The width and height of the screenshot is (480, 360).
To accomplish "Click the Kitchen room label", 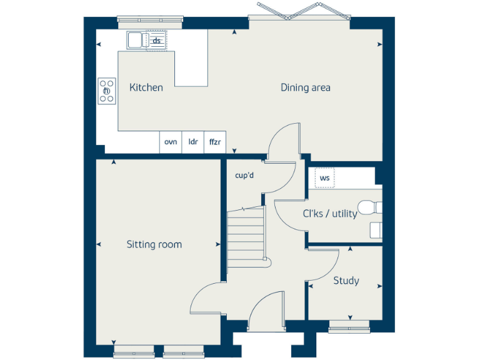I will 146,87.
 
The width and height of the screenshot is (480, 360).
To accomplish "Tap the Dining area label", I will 305,87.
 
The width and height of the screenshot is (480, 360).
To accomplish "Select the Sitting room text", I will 154,244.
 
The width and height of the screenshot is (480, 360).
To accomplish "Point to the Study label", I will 346,281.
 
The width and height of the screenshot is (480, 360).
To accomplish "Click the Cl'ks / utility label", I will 330,214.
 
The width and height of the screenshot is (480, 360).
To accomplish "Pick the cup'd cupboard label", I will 244,176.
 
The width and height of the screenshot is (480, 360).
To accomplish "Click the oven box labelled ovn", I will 171,142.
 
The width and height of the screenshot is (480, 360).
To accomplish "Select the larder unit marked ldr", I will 193,142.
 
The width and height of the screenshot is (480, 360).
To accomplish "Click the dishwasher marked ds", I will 157,41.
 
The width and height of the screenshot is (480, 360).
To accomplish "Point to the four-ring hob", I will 106,91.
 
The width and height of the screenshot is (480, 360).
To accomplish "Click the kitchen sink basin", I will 135,41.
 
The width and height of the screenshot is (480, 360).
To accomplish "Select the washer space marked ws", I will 324,178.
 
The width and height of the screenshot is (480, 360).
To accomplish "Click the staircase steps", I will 246,234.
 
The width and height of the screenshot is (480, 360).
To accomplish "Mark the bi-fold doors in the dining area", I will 299,13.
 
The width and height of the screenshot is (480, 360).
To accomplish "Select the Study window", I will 348,324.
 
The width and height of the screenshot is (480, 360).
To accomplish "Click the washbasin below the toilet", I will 376,230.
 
